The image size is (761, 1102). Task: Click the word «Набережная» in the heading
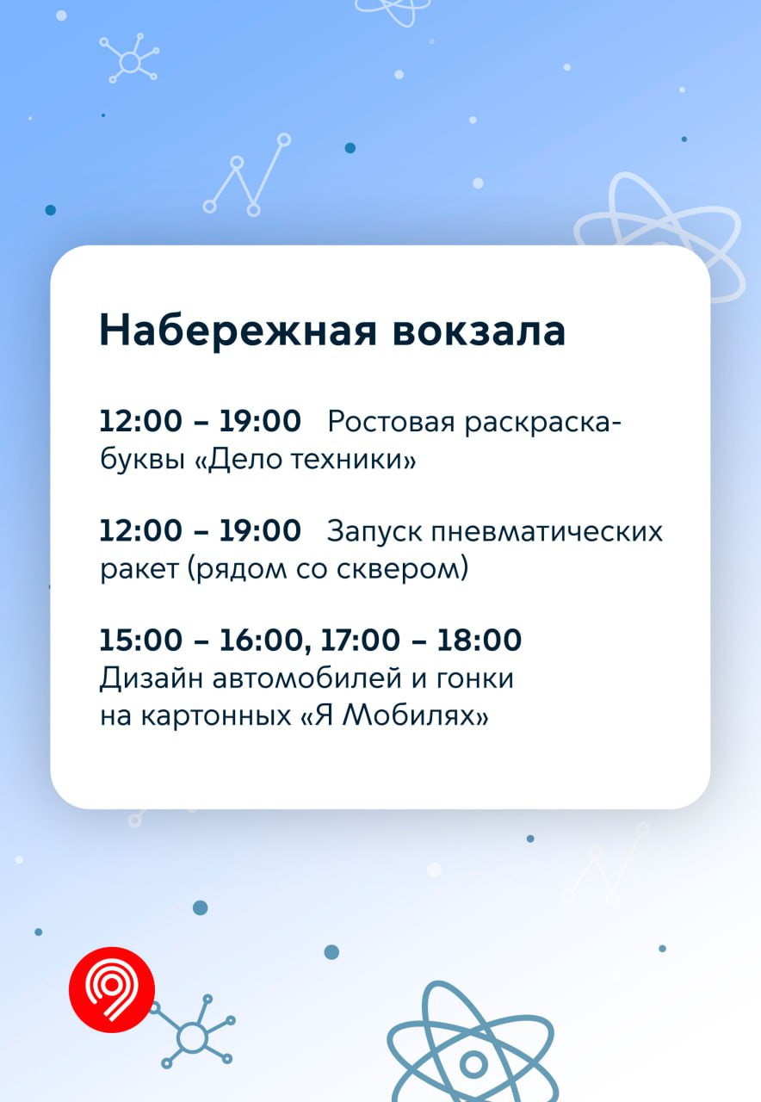pyautogui.click(x=238, y=331)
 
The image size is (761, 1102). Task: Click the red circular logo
pyautogui.click(x=112, y=989)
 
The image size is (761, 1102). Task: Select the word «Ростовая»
pyautogui.click(x=391, y=422)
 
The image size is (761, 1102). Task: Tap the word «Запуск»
pyautogui.click(x=374, y=533)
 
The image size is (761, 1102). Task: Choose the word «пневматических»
pyautogui.click(x=547, y=532)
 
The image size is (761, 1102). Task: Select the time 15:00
pyautogui.click(x=140, y=640)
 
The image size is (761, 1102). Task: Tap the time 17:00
pyautogui.click(x=360, y=640)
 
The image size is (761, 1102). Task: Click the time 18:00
pyautogui.click(x=479, y=640)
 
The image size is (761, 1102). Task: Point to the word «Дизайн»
pyautogui.click(x=151, y=679)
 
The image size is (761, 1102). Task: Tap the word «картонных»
pyautogui.click(x=216, y=716)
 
